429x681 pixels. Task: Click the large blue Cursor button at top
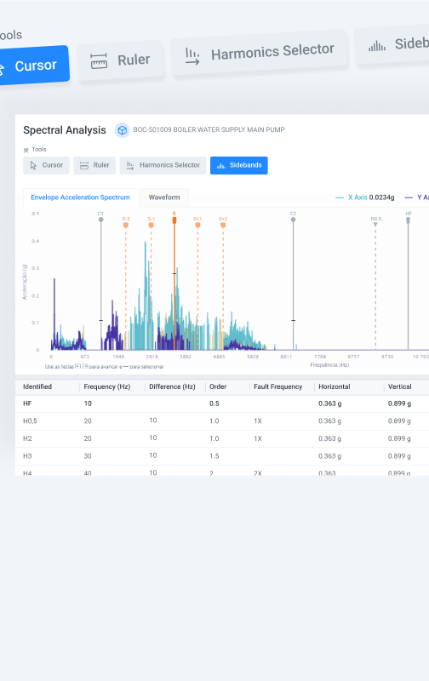pos(30,65)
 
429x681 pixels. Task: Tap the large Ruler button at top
pos(120,60)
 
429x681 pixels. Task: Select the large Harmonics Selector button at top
pos(259,54)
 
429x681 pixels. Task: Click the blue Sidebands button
pos(239,165)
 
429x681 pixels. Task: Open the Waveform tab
pos(164,197)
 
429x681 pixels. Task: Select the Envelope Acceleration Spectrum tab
pos(80,197)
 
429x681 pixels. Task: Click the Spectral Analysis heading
pos(65,130)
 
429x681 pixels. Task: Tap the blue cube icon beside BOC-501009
pos(122,130)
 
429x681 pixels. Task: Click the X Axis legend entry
pos(357,197)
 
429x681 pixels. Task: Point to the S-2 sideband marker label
pos(126,219)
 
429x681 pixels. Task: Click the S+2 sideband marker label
pos(223,219)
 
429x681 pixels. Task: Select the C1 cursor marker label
pos(100,214)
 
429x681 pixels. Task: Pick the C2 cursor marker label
pos(293,214)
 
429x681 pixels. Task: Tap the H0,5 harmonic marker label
pos(375,219)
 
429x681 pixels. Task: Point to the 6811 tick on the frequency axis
pos(286,357)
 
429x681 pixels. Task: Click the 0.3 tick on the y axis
pos(36,268)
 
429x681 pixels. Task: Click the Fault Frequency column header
pos(277,386)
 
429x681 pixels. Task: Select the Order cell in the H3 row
pos(214,455)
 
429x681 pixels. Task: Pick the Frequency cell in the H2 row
pos(88,438)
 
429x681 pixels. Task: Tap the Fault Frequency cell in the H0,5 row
pos(258,421)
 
